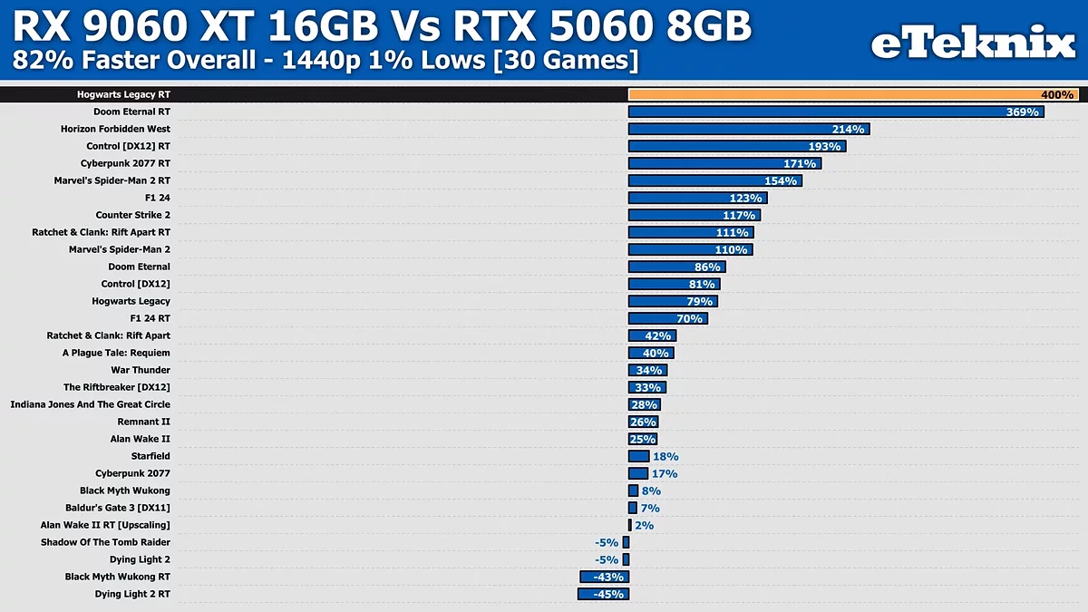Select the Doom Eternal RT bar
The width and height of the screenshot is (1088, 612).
coord(816,112)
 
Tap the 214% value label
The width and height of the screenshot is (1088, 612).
coord(847,130)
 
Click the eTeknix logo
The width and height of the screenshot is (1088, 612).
coord(973,44)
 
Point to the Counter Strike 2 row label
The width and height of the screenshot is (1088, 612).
coord(132,215)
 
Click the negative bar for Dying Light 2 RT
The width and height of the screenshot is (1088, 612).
coord(602,594)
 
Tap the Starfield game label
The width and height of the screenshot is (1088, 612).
coord(150,456)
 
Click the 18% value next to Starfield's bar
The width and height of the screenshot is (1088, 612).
coord(665,457)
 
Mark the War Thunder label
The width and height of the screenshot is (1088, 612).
coord(141,370)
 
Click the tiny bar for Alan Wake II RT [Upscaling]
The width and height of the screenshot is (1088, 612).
coord(630,525)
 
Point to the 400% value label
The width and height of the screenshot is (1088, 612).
coord(1056,95)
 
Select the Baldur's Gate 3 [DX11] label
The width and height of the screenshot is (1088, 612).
coord(118,508)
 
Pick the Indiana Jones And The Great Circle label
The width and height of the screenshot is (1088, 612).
coord(91,404)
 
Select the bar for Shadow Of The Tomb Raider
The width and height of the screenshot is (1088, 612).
coord(626,542)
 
